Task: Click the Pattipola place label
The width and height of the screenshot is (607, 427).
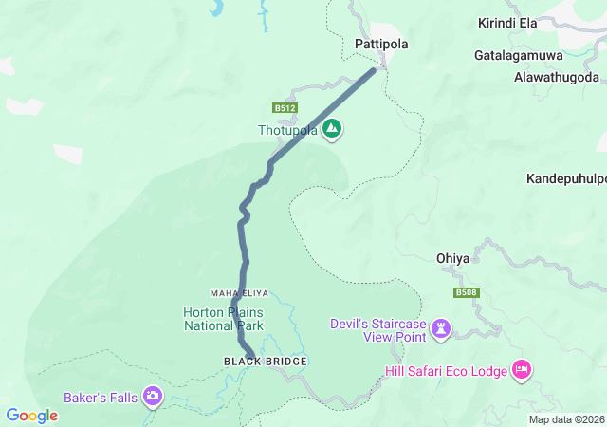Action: [x=380, y=44]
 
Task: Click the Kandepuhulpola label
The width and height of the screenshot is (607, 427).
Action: [x=566, y=178]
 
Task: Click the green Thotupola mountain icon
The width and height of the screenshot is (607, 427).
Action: [x=332, y=129]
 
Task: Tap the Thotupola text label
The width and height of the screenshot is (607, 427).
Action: [x=287, y=130]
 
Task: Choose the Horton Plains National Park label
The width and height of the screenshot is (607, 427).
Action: [x=224, y=319]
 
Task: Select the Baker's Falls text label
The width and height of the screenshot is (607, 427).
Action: [x=101, y=397]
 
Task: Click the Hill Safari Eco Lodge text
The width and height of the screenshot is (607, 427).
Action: [x=447, y=370]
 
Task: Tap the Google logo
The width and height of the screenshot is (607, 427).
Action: [x=32, y=416]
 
